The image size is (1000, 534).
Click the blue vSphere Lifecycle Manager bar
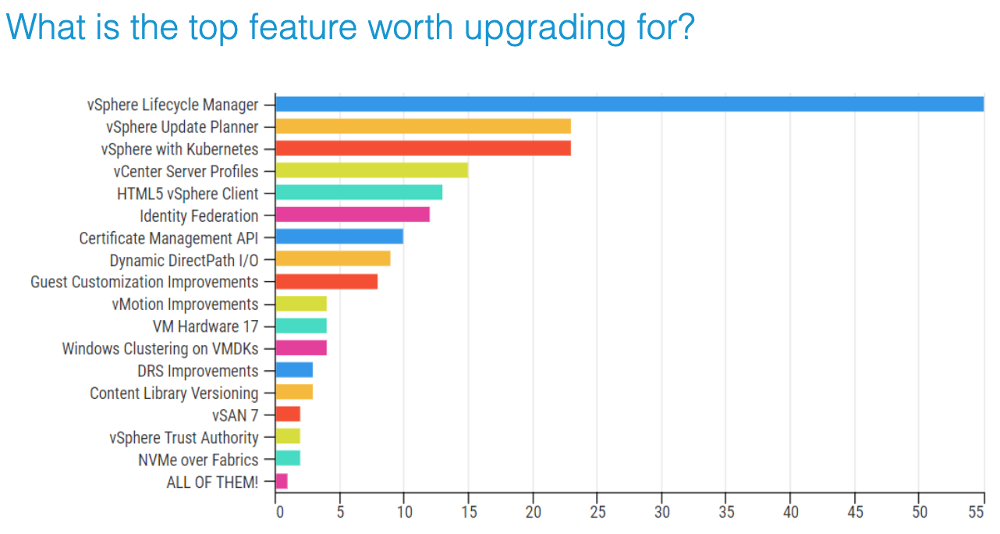point(629,104)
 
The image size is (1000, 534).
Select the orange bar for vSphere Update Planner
point(423,126)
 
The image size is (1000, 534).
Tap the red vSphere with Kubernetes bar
point(423,148)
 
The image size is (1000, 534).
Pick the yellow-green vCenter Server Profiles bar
point(371,171)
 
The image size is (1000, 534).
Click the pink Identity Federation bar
point(353,215)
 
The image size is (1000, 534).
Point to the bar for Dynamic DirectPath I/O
point(333,259)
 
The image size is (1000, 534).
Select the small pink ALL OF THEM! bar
point(282,482)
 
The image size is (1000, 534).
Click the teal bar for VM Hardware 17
point(301,326)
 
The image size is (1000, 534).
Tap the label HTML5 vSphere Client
point(187,194)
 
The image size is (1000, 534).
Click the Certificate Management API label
point(168,238)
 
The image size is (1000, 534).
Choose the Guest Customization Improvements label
point(144,282)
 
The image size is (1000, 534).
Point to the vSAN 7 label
point(235,415)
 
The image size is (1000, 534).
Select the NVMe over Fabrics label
point(198,460)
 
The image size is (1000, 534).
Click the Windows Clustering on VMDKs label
point(160,348)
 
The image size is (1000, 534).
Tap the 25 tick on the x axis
point(597,512)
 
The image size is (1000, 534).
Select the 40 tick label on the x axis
point(789,512)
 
